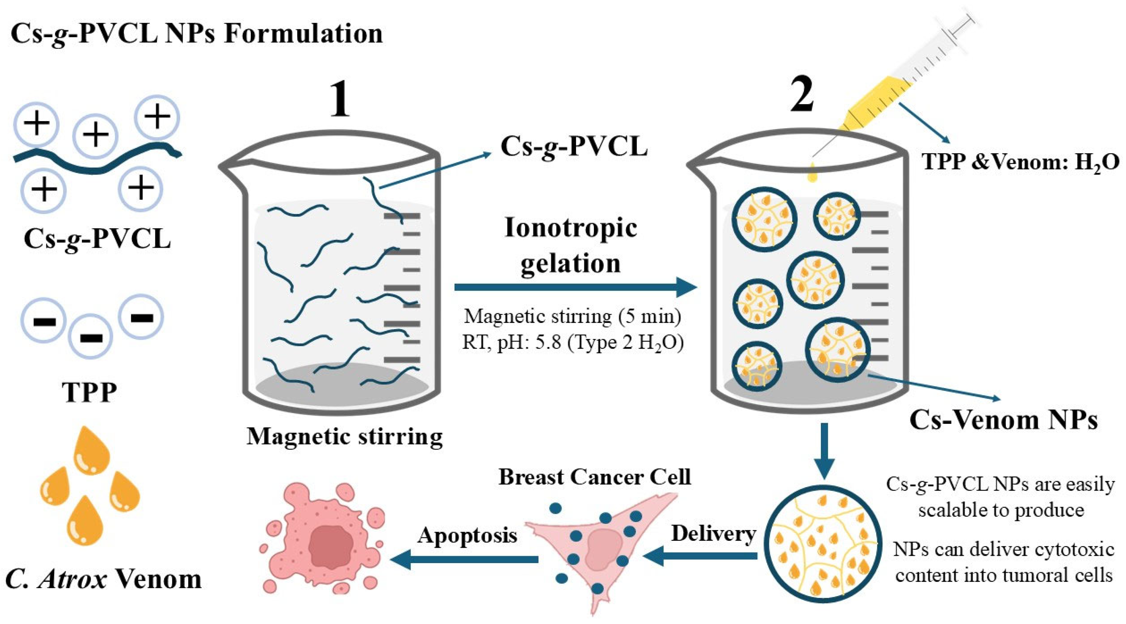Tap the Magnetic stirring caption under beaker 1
point(344,436)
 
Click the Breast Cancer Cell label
point(595,477)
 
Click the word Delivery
point(713,533)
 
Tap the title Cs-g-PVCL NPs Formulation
point(196,34)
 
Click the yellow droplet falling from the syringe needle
point(813,173)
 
